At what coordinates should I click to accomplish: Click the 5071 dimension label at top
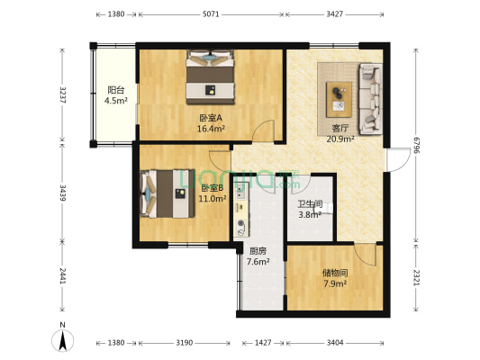[x=211, y=14]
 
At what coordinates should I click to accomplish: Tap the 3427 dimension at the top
[x=334, y=14]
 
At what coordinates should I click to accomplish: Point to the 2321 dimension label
[x=415, y=277]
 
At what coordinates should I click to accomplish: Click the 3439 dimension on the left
[x=62, y=193]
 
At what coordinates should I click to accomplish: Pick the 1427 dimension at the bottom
[x=263, y=343]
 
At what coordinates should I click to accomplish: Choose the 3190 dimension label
[x=185, y=343]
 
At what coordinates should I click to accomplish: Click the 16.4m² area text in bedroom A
[x=212, y=129]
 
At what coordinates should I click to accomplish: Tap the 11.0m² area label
[x=213, y=199]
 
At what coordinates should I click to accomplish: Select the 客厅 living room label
[x=340, y=129]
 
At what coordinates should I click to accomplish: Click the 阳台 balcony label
[x=116, y=90]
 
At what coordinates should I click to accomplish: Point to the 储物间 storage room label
[x=335, y=273]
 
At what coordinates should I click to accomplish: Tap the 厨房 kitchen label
[x=258, y=251]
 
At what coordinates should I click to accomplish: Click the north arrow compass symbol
[x=63, y=340]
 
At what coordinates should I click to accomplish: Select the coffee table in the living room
[x=339, y=99]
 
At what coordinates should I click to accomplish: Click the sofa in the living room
[x=370, y=99]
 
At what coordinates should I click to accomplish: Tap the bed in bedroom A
[x=211, y=77]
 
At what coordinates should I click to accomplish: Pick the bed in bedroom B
[x=168, y=193]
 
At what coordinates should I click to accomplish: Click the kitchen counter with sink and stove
[x=241, y=210]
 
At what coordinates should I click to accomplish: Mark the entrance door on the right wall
[x=398, y=159]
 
